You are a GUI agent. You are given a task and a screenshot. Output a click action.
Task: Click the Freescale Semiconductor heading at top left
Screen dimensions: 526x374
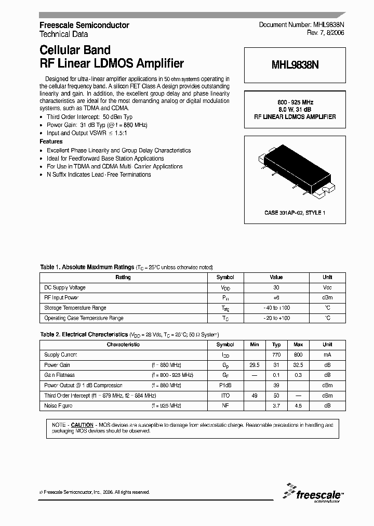(x=84, y=25)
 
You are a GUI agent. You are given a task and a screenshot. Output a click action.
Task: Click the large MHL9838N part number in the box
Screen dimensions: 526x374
(x=294, y=66)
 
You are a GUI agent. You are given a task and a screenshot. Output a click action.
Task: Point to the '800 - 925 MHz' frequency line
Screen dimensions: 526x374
(x=295, y=102)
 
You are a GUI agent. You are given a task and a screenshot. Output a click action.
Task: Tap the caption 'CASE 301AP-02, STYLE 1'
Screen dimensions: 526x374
(x=295, y=213)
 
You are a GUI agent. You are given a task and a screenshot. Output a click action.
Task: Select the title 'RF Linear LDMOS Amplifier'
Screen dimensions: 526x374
(x=112, y=64)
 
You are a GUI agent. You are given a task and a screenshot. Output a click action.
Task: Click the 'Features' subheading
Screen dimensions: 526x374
(x=51, y=141)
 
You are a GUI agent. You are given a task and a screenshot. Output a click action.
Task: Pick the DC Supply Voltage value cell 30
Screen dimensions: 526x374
(x=276, y=287)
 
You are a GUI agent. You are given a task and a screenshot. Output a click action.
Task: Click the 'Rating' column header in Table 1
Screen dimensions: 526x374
(x=123, y=278)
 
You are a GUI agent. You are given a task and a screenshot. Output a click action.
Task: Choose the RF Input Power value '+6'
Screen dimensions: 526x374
(x=276, y=298)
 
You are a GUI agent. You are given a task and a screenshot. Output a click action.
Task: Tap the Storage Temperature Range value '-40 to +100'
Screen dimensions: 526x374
(x=276, y=308)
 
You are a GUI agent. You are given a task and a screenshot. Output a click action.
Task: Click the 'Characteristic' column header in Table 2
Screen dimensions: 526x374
(x=123, y=345)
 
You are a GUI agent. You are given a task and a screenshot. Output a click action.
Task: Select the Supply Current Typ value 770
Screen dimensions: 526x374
(x=276, y=354)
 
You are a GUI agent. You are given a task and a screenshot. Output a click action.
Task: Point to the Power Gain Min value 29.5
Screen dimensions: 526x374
(x=255, y=365)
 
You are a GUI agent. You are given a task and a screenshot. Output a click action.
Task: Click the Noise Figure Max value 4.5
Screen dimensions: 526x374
(x=298, y=405)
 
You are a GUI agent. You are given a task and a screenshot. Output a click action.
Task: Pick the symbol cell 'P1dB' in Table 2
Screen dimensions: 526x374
(x=225, y=385)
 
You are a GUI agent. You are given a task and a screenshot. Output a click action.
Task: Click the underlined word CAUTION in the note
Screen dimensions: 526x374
(x=82, y=425)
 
